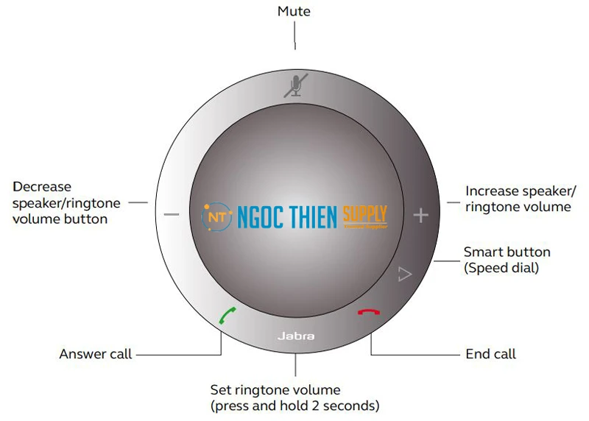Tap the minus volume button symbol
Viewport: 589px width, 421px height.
click(x=172, y=214)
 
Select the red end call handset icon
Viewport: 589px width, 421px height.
click(x=366, y=312)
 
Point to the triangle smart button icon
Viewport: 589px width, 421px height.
click(x=403, y=275)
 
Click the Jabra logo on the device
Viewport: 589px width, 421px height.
click(x=296, y=336)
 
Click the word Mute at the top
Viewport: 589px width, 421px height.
click(x=294, y=11)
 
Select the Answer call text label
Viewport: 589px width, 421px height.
click(x=96, y=355)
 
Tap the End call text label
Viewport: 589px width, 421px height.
click(x=491, y=355)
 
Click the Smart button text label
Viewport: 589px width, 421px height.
click(x=507, y=252)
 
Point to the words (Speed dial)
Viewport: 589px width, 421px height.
click(x=501, y=268)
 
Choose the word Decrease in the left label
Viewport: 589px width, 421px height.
click(x=42, y=187)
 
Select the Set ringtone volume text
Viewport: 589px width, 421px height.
click(x=275, y=389)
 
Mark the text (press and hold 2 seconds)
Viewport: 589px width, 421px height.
click(x=295, y=406)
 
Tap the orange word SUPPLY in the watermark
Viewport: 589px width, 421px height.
click(x=364, y=214)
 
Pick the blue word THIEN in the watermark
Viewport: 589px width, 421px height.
click(x=306, y=216)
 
